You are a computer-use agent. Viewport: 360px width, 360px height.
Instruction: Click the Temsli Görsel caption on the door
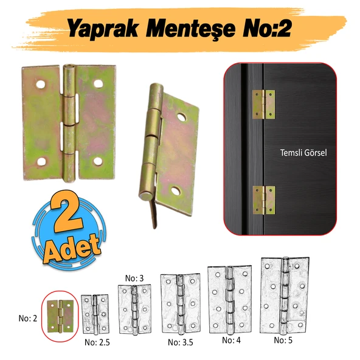click(303, 153)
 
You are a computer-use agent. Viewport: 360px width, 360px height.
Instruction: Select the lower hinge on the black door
click(264, 201)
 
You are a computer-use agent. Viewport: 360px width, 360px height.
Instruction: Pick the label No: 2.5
click(98, 342)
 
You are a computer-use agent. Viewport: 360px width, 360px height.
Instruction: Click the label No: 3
click(134, 279)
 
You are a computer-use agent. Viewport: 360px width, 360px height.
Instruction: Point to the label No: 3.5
click(181, 342)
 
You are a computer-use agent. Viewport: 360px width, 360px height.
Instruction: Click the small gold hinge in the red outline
click(60, 314)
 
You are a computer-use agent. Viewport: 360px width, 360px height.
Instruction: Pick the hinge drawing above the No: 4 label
click(229, 299)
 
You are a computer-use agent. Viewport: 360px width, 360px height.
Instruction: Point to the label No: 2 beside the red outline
click(27, 317)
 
